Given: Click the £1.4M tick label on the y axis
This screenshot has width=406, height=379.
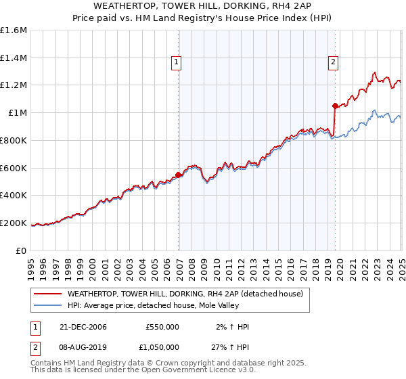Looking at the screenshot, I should (14, 58).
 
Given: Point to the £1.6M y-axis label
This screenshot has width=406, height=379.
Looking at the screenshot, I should (14, 30).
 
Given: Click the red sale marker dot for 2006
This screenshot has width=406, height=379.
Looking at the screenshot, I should (179, 175).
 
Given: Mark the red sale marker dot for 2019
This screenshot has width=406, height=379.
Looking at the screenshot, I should (335, 105).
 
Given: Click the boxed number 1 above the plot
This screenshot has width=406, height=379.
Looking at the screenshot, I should (176, 62).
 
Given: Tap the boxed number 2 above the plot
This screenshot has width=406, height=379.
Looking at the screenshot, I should (334, 62).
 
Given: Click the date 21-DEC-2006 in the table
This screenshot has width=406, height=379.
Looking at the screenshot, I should (83, 327).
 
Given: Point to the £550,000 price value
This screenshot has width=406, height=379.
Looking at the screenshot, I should (162, 327).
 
